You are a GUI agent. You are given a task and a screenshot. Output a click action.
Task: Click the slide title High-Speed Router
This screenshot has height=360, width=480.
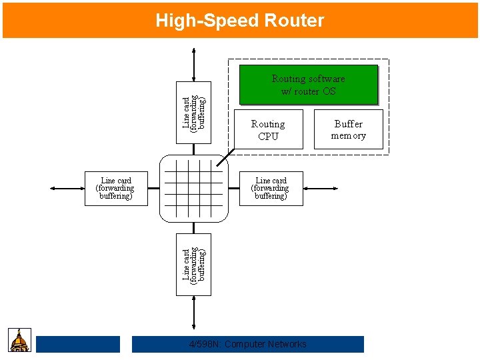coord(239,21)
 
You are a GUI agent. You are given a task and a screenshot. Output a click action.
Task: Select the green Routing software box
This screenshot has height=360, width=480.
coord(308,85)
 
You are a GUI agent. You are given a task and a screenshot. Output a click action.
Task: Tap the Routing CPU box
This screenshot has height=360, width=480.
coord(268,130)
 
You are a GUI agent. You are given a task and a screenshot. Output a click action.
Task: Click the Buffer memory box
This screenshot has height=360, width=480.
coord(348,129)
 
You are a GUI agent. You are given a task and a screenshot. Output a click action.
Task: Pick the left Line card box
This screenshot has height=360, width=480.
coord(116,189)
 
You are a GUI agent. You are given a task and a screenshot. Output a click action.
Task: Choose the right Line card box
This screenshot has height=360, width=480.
coord(271,189)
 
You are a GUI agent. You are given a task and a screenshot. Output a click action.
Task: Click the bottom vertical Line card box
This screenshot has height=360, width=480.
coord(193,264)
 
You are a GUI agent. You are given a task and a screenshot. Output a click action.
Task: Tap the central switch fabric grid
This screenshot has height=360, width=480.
coord(193,189)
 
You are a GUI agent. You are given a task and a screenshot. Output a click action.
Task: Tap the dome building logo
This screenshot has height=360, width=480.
coord(20,340)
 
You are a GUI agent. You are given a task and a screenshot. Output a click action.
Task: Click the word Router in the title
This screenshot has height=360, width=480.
coord(294,21)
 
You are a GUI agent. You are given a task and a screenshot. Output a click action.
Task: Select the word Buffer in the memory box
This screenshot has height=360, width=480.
coord(348,124)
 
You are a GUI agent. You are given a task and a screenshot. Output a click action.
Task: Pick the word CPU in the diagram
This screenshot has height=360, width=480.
coord(268,137)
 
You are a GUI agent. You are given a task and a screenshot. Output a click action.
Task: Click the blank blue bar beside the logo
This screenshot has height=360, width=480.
coord(77,344)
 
